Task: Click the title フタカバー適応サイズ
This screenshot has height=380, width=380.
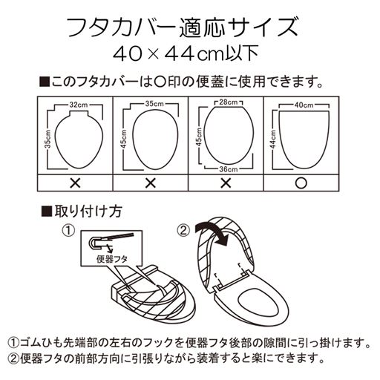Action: tap(190, 28)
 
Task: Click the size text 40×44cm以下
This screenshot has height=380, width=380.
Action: tap(190, 53)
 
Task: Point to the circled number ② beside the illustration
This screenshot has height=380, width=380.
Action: tap(183, 230)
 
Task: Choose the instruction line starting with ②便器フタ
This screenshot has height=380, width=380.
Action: tap(166, 358)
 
